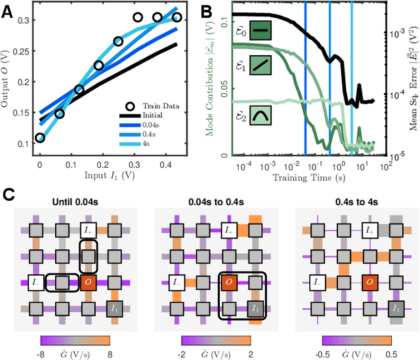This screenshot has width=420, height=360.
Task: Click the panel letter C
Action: [7, 195]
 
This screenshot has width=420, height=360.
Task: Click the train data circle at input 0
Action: [40, 138]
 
